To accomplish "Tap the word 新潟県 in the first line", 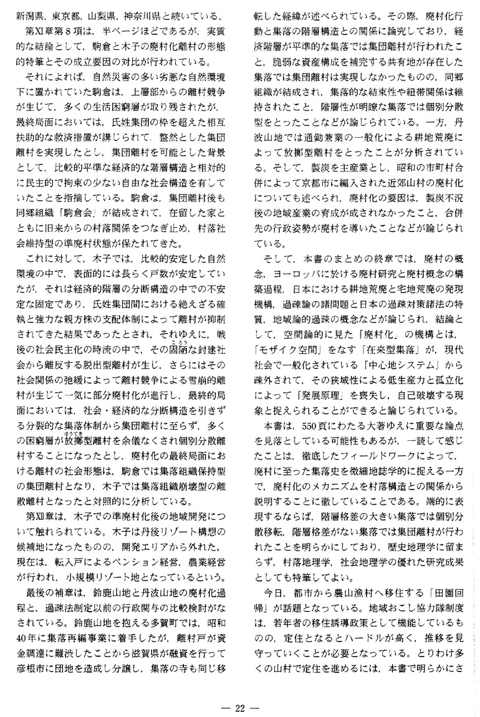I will (x=29, y=13).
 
